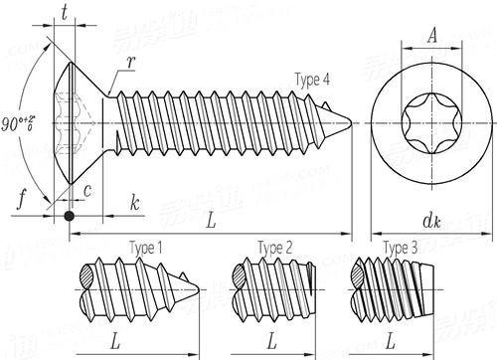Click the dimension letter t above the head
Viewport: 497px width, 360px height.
pos(66,14)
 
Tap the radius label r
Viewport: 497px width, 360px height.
pos(130,63)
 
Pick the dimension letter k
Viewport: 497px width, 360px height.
pos(134,202)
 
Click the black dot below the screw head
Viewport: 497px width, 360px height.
pos(69,215)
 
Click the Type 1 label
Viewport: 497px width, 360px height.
pos(146,247)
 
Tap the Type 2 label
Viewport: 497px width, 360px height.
pos(274,247)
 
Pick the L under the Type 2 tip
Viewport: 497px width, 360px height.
pos(270,341)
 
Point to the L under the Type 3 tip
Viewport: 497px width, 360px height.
pos(396,341)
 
